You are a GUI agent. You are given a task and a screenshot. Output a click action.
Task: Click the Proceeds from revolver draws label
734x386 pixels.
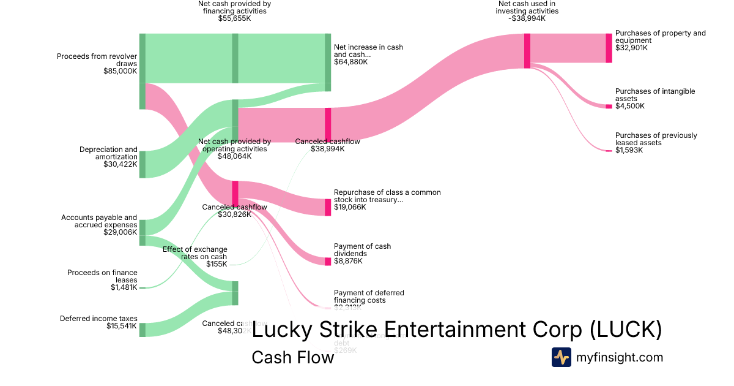(97, 60)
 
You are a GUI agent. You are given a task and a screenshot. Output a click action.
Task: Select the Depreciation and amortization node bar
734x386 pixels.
(143, 164)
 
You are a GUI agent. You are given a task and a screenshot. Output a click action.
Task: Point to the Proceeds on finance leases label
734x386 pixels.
(102, 276)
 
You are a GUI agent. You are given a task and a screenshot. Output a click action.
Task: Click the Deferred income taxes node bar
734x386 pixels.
(143, 330)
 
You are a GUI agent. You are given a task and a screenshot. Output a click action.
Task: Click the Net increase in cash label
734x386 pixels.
(368, 51)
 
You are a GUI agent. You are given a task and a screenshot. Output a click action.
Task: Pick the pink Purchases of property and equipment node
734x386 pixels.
(609, 48)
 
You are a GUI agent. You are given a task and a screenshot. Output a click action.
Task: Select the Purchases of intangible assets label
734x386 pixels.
(654, 95)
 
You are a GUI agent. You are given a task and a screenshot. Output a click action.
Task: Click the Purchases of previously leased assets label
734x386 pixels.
(656, 139)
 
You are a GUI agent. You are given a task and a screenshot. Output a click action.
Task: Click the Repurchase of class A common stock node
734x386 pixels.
(327, 207)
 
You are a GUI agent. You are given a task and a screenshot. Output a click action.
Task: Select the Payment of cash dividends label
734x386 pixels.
(362, 250)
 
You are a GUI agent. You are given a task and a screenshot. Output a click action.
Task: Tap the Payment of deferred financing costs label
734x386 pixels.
(369, 297)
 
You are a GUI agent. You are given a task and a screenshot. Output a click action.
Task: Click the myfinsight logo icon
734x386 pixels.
(561, 357)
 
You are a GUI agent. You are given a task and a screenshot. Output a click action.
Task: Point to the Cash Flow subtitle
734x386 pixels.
(292, 357)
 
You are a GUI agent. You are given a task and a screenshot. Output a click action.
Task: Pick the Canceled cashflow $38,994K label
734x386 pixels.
(327, 145)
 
